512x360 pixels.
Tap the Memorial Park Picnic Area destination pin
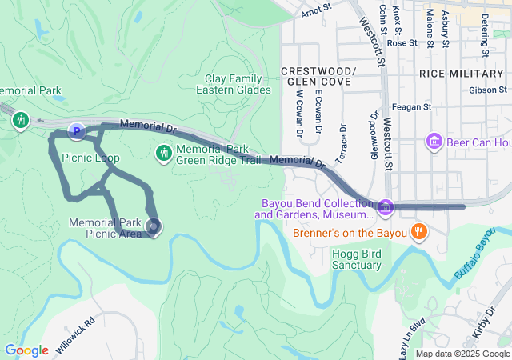[x=152, y=228]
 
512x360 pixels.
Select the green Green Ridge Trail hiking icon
[x=164, y=152]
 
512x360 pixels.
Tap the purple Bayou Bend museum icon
[x=386, y=207]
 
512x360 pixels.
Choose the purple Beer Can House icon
[x=435, y=142]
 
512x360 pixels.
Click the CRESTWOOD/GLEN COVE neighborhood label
[x=318, y=77]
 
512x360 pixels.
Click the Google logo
[x=26, y=350]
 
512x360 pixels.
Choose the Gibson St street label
[x=489, y=90]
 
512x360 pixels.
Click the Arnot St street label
[x=316, y=12]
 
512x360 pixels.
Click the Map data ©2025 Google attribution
[x=462, y=354]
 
